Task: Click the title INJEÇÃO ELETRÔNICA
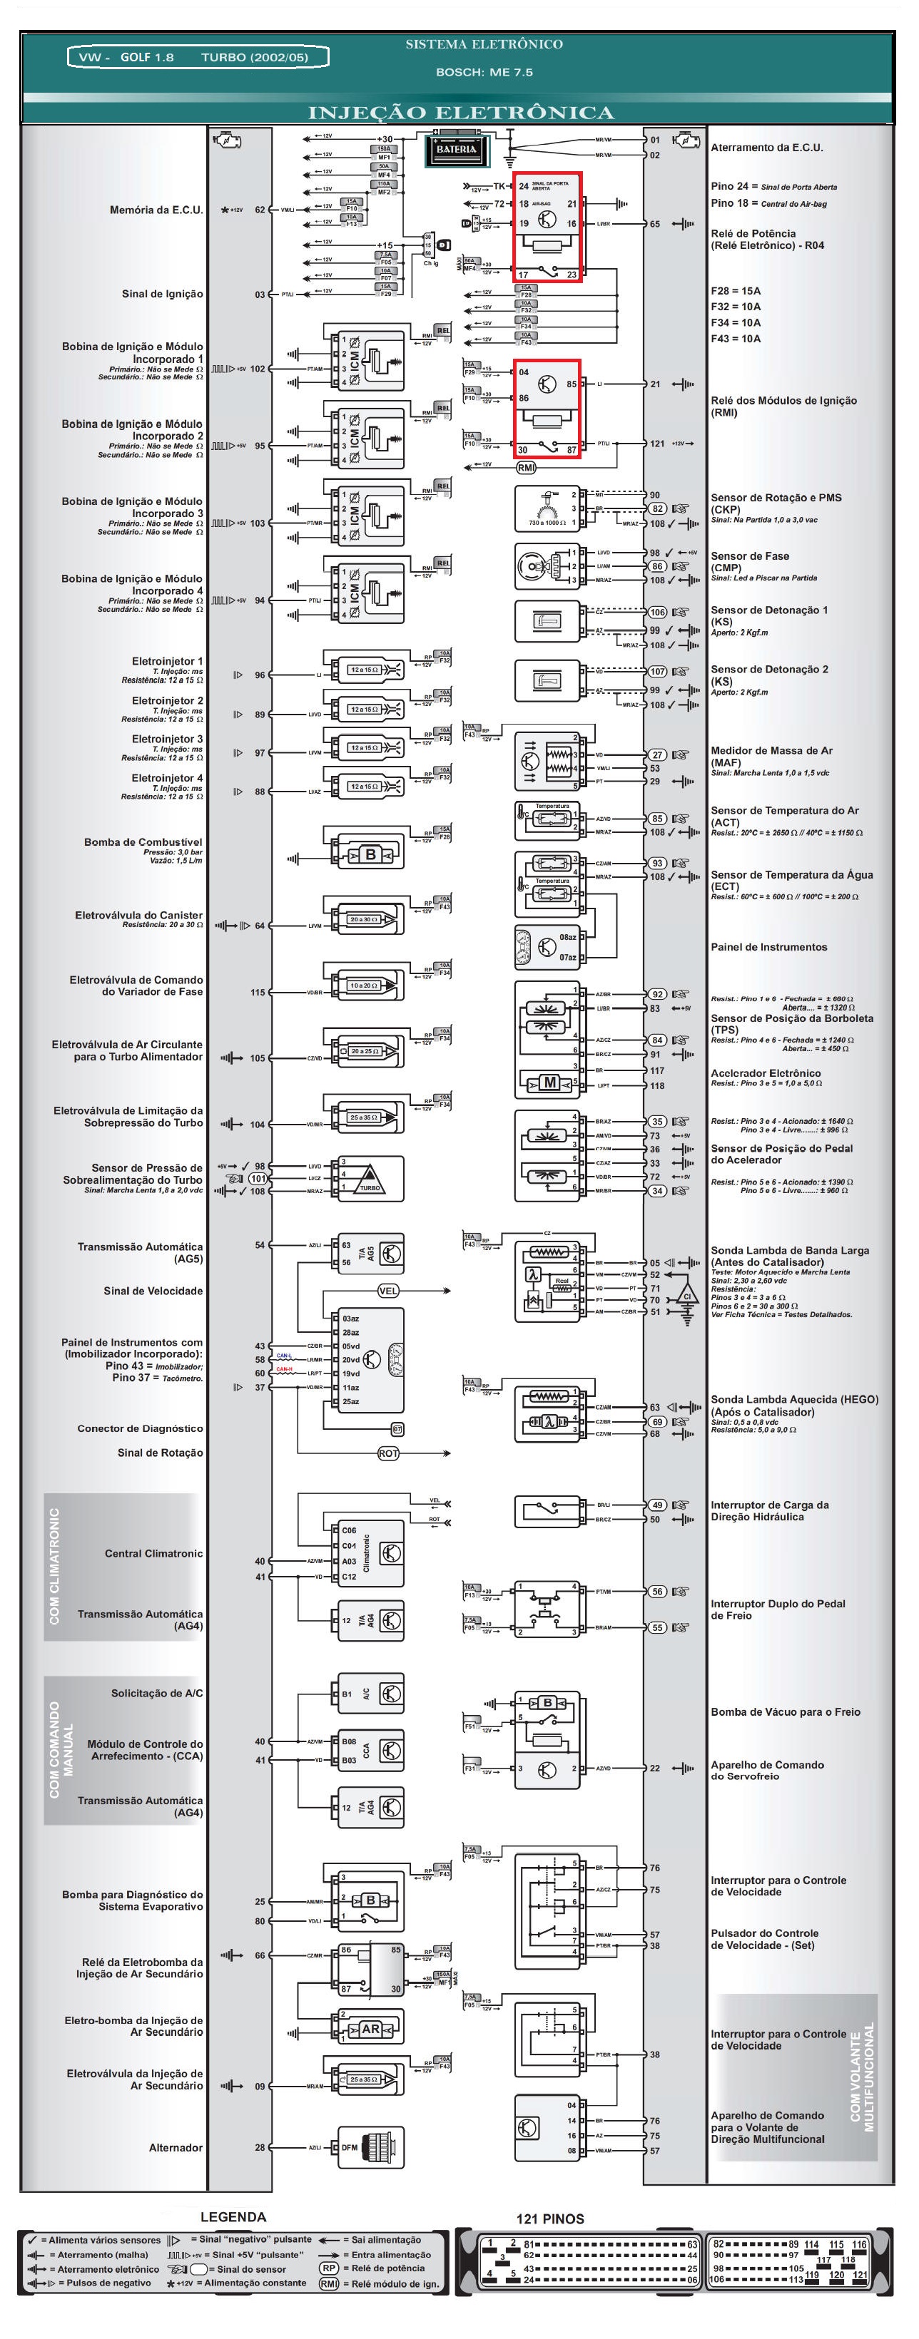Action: tap(460, 113)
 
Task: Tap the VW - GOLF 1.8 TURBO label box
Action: tap(197, 57)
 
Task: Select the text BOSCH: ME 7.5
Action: tap(483, 72)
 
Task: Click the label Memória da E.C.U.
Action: tap(156, 210)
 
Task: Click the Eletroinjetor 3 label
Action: tap(167, 739)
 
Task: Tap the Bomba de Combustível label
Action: tap(143, 841)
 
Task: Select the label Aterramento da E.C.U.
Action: tap(766, 147)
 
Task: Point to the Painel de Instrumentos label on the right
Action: tap(768, 947)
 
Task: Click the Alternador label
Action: tap(176, 2147)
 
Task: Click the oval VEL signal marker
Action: tap(387, 1290)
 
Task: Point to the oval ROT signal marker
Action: tap(387, 1453)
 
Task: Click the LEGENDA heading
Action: tap(233, 2216)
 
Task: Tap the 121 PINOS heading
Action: tap(549, 2218)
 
